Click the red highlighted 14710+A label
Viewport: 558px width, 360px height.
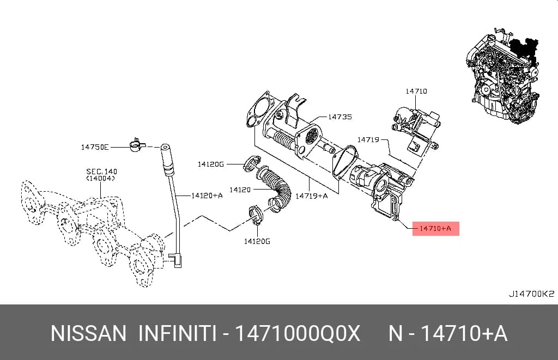pos(435,228)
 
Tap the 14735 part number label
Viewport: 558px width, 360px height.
pos(340,117)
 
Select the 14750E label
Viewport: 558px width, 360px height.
pos(95,147)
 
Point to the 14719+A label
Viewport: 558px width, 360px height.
pos(312,196)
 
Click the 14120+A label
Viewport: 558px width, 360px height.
pos(207,196)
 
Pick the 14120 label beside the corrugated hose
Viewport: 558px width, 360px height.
pos(240,190)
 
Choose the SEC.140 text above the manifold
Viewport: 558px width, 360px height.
pos(101,172)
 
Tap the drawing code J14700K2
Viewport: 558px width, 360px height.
pos(531,294)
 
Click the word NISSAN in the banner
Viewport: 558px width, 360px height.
pos(89,333)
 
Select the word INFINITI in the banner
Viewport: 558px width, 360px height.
pos(177,333)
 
